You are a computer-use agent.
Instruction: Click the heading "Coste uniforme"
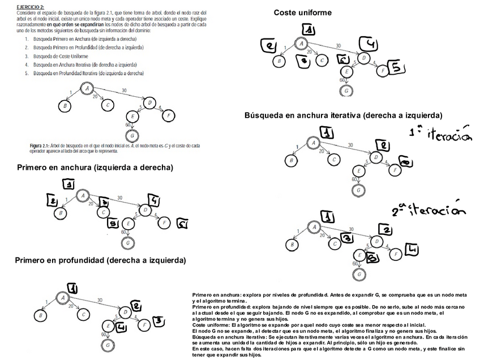coord(302,12)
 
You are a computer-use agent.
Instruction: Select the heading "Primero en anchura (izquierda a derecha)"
coord(95,168)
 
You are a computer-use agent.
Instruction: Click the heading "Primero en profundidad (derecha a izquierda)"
coord(100,260)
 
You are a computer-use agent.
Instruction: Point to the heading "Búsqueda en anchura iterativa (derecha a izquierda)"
coord(343,115)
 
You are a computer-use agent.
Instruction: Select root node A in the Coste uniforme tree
coord(302,44)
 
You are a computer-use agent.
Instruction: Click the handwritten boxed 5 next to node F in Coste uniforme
coord(397,68)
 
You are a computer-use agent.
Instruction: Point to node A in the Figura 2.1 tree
coord(87,88)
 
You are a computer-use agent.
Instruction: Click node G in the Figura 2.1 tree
coord(132,136)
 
